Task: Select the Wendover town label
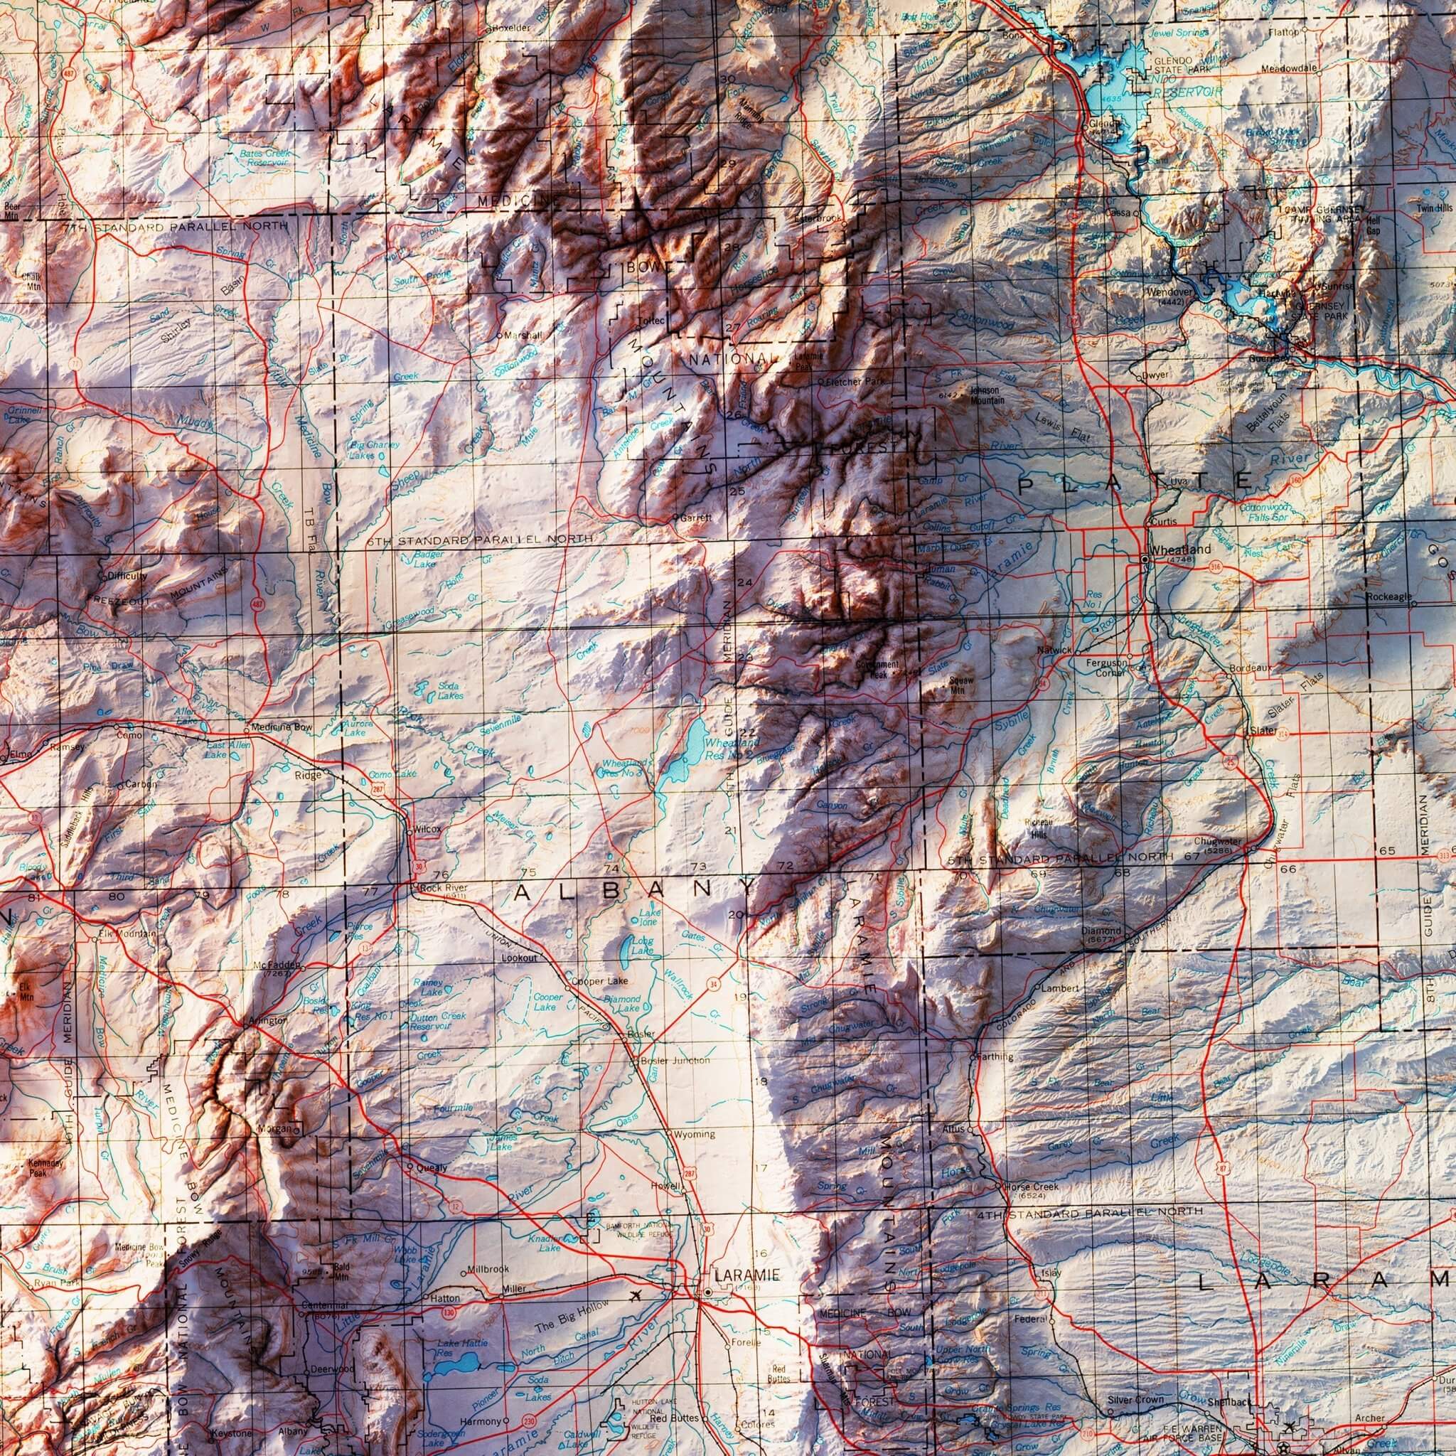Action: click(1167, 292)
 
